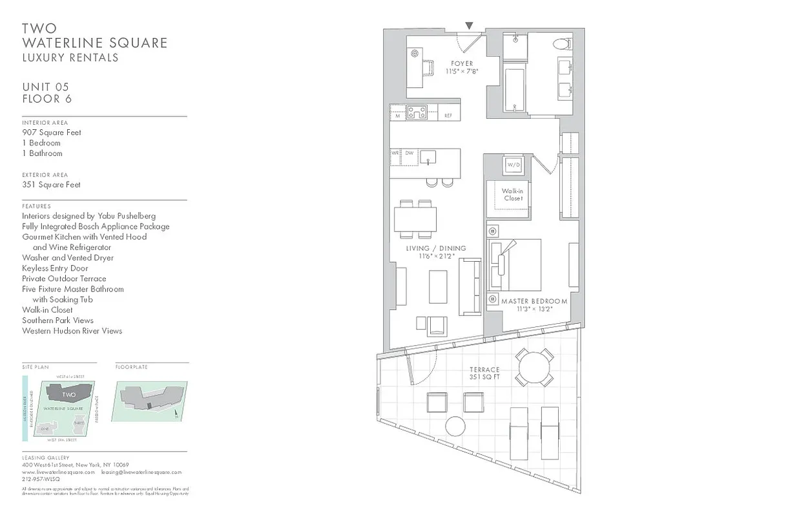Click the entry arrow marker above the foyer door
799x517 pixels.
[469, 26]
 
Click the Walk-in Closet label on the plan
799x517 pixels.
[513, 195]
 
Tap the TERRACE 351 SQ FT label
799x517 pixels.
[484, 374]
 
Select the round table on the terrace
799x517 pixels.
[535, 367]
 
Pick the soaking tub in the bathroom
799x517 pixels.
[514, 88]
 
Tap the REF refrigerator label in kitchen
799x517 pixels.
[448, 116]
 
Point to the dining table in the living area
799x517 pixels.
[415, 218]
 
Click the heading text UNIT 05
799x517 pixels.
[45, 87]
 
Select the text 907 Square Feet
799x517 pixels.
[52, 132]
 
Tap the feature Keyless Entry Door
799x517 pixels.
[55, 268]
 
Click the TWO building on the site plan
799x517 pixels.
[69, 394]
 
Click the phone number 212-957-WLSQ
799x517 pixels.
[41, 480]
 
